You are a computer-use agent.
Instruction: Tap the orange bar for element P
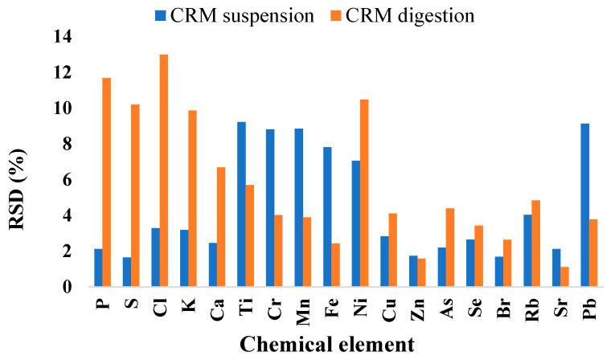[x=106, y=182]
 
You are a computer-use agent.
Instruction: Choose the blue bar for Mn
[x=298, y=207]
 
